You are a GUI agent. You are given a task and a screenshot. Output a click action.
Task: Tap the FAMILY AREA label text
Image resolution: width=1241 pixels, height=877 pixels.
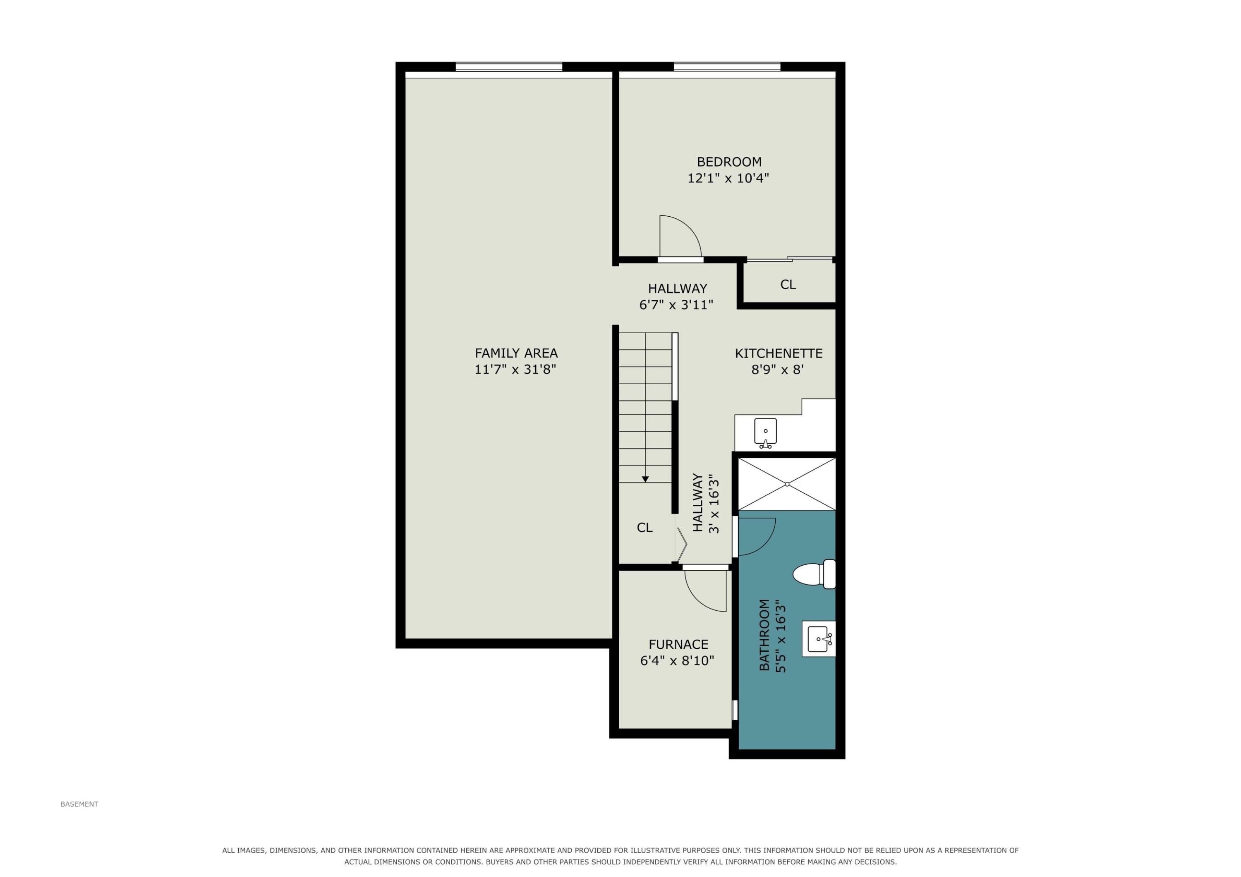[516, 353]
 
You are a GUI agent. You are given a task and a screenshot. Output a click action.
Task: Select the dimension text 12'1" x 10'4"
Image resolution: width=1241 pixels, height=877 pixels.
[728, 178]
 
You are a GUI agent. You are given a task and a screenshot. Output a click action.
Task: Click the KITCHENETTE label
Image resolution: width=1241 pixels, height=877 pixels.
[779, 354]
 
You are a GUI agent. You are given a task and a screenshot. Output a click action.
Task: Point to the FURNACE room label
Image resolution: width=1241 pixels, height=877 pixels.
[678, 644]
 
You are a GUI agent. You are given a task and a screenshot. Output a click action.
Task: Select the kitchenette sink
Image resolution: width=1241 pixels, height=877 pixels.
[765, 433]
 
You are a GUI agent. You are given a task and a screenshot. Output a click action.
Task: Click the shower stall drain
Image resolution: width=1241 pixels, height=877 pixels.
[787, 484]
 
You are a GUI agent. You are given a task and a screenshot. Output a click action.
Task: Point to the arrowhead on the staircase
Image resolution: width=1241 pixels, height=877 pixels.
[645, 479]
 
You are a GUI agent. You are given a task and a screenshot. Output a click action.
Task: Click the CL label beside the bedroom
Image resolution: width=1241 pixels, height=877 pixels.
[788, 284]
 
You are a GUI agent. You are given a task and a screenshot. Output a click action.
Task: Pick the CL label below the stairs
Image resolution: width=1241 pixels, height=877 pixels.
[644, 527]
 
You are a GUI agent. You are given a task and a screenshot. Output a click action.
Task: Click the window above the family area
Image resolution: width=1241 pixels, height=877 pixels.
[509, 67]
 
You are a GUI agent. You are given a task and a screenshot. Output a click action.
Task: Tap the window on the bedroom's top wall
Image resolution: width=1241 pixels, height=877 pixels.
[727, 67]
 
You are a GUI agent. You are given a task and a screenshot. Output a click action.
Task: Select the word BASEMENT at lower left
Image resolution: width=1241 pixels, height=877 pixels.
[79, 804]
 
